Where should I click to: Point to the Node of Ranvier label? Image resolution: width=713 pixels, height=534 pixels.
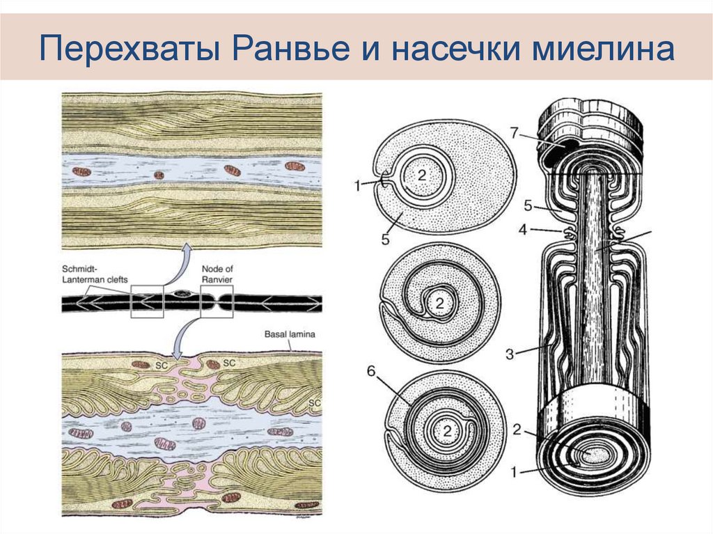point(217,274)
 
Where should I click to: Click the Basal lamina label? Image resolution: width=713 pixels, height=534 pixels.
point(290,333)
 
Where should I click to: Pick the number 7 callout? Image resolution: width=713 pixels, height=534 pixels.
point(515,132)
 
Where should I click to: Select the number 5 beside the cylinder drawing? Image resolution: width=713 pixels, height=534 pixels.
point(528,205)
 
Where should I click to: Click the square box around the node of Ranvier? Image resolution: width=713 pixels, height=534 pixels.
point(216,303)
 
